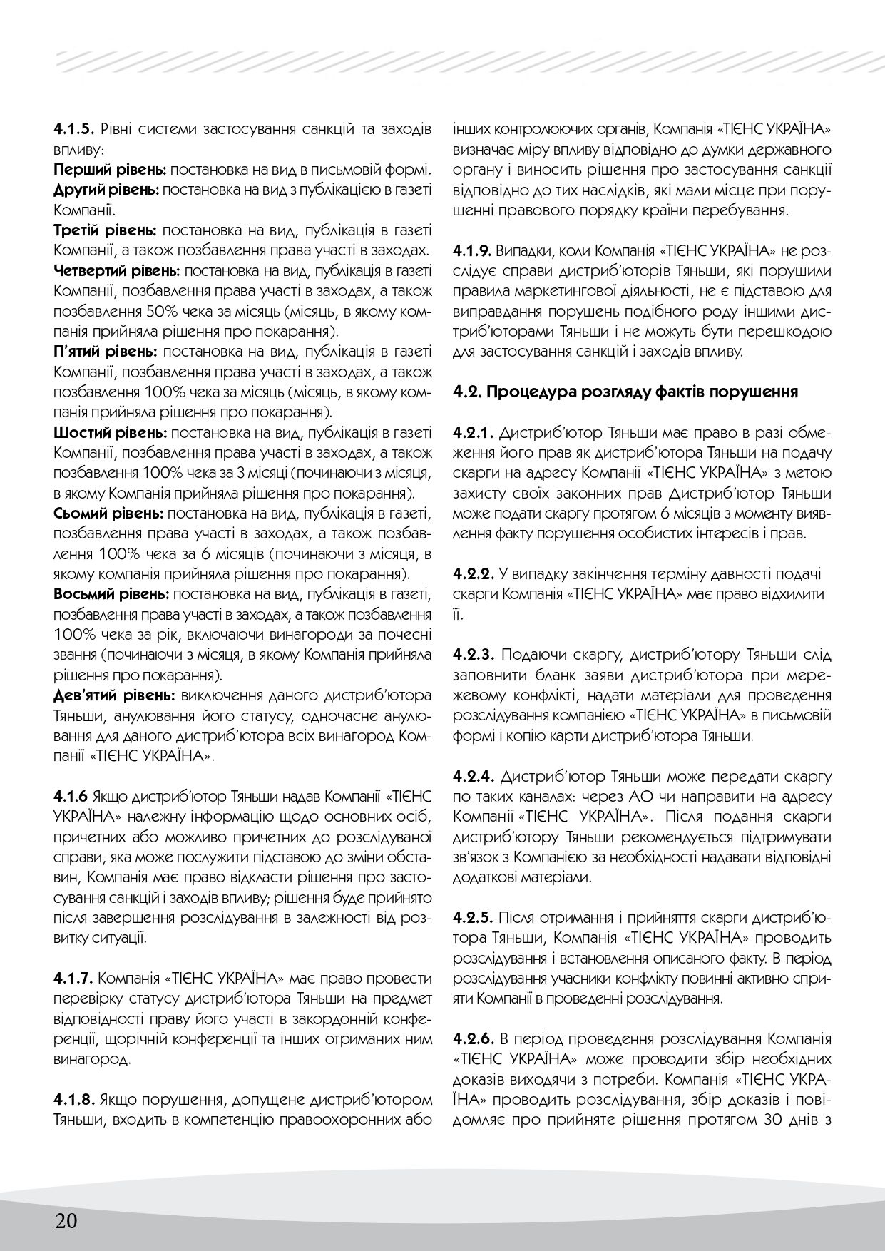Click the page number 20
66,1220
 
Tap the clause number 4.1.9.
474,252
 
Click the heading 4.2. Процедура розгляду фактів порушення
625,392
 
